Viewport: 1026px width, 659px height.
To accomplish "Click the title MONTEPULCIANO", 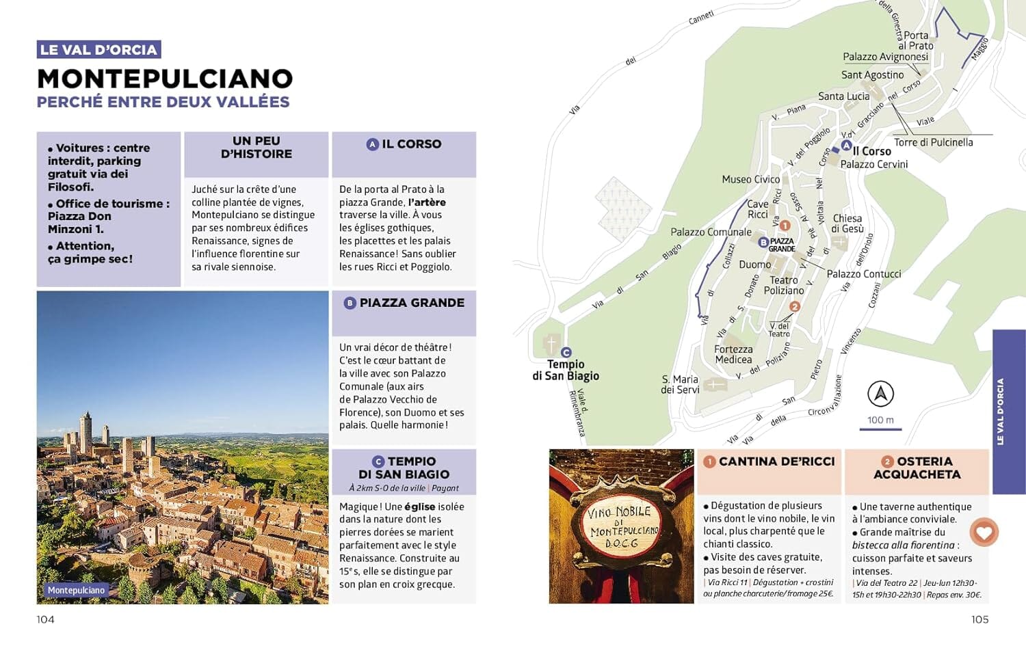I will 165,79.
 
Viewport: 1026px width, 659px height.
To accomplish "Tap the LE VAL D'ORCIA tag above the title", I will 98,50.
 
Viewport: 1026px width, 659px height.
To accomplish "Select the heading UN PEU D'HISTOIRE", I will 256,148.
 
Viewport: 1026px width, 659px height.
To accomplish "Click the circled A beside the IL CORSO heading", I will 372,144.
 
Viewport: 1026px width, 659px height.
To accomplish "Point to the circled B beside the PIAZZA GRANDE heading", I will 350,303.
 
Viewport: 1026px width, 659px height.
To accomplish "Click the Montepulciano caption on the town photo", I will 76,590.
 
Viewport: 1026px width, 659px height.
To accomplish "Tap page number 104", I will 45,619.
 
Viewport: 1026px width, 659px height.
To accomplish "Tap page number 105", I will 979,619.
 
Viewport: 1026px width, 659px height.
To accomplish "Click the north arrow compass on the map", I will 880,394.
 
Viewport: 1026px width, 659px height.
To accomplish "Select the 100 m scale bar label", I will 880,420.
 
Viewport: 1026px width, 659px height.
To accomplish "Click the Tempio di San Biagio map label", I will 566,370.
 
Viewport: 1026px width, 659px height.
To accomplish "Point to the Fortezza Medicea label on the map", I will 733,354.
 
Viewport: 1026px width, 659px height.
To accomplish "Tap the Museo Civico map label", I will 750,179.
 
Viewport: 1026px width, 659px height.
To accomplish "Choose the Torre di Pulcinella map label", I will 933,142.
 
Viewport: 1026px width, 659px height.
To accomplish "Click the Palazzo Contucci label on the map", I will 863,274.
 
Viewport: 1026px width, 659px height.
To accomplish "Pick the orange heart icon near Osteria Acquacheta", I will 984,532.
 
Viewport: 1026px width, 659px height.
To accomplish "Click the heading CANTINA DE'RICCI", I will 776,462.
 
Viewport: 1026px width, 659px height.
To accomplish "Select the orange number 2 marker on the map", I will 794,307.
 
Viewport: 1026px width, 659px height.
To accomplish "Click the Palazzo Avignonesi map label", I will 885,57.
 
